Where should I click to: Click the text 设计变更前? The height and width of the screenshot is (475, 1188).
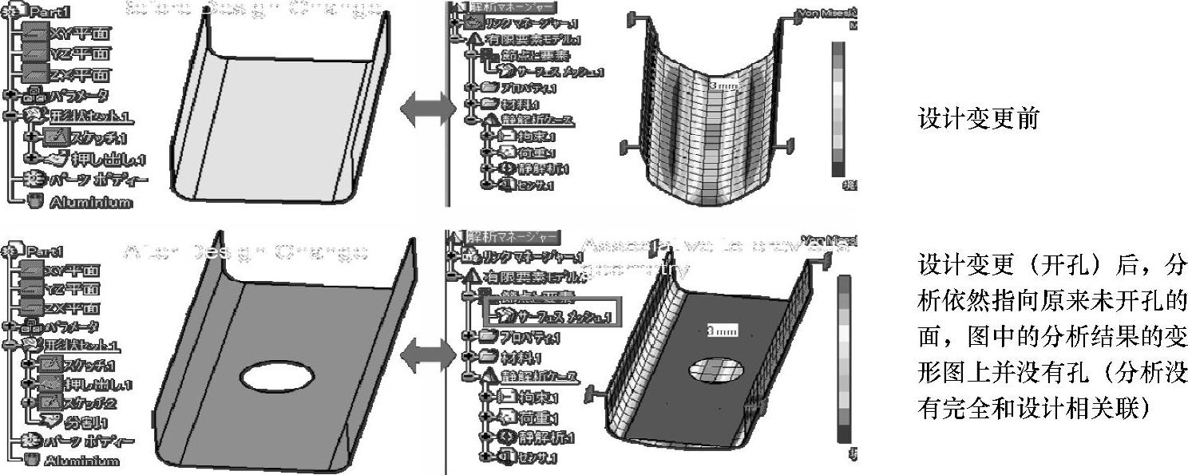click(x=979, y=119)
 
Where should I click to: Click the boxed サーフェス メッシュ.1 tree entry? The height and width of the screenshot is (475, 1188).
click(x=552, y=317)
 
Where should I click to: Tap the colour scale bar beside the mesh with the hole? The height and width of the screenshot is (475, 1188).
click(x=844, y=359)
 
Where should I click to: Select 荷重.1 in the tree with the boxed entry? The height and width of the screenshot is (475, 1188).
click(x=529, y=417)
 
